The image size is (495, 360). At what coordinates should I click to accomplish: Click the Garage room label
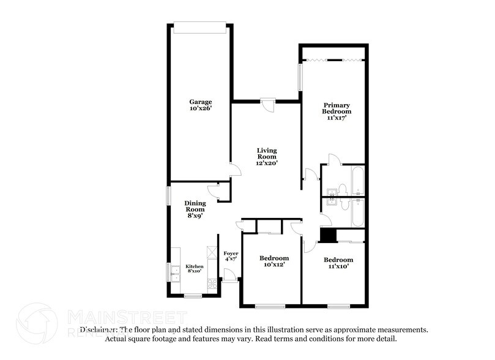pos(200,105)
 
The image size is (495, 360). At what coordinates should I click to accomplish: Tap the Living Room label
pos(267,157)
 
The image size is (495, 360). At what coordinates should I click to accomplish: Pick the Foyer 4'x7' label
pos(231,257)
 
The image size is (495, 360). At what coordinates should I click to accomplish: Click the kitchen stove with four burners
pos(212,283)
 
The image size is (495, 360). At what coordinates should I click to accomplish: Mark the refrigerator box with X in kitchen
pos(212,252)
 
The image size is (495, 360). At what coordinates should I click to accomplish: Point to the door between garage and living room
pos(231,171)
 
